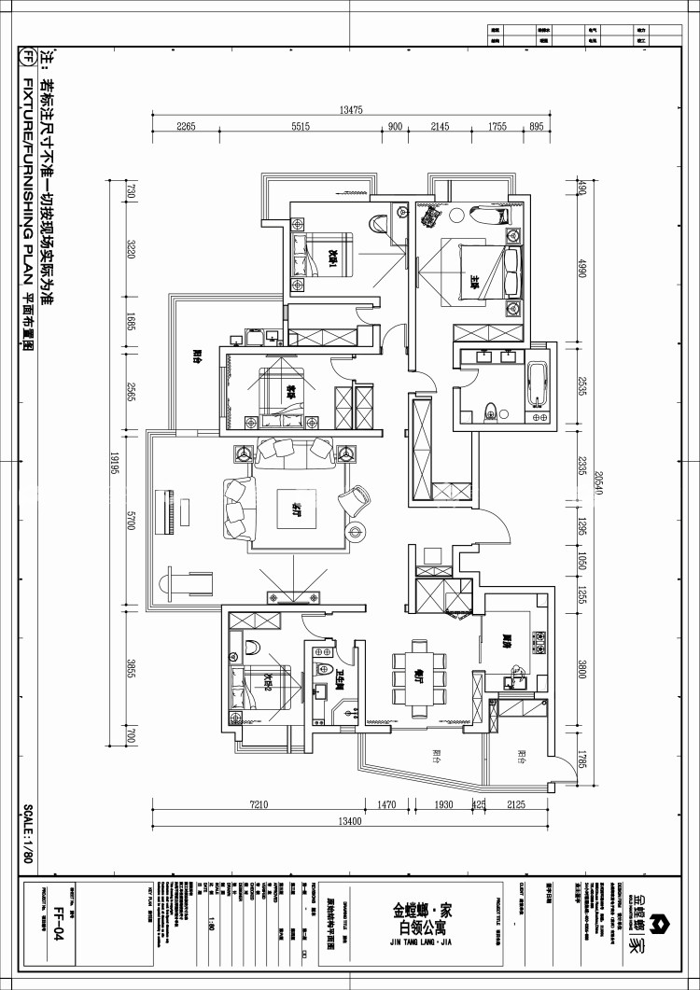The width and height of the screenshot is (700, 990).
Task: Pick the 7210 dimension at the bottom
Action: [259, 804]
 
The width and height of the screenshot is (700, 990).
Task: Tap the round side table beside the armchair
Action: [356, 532]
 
